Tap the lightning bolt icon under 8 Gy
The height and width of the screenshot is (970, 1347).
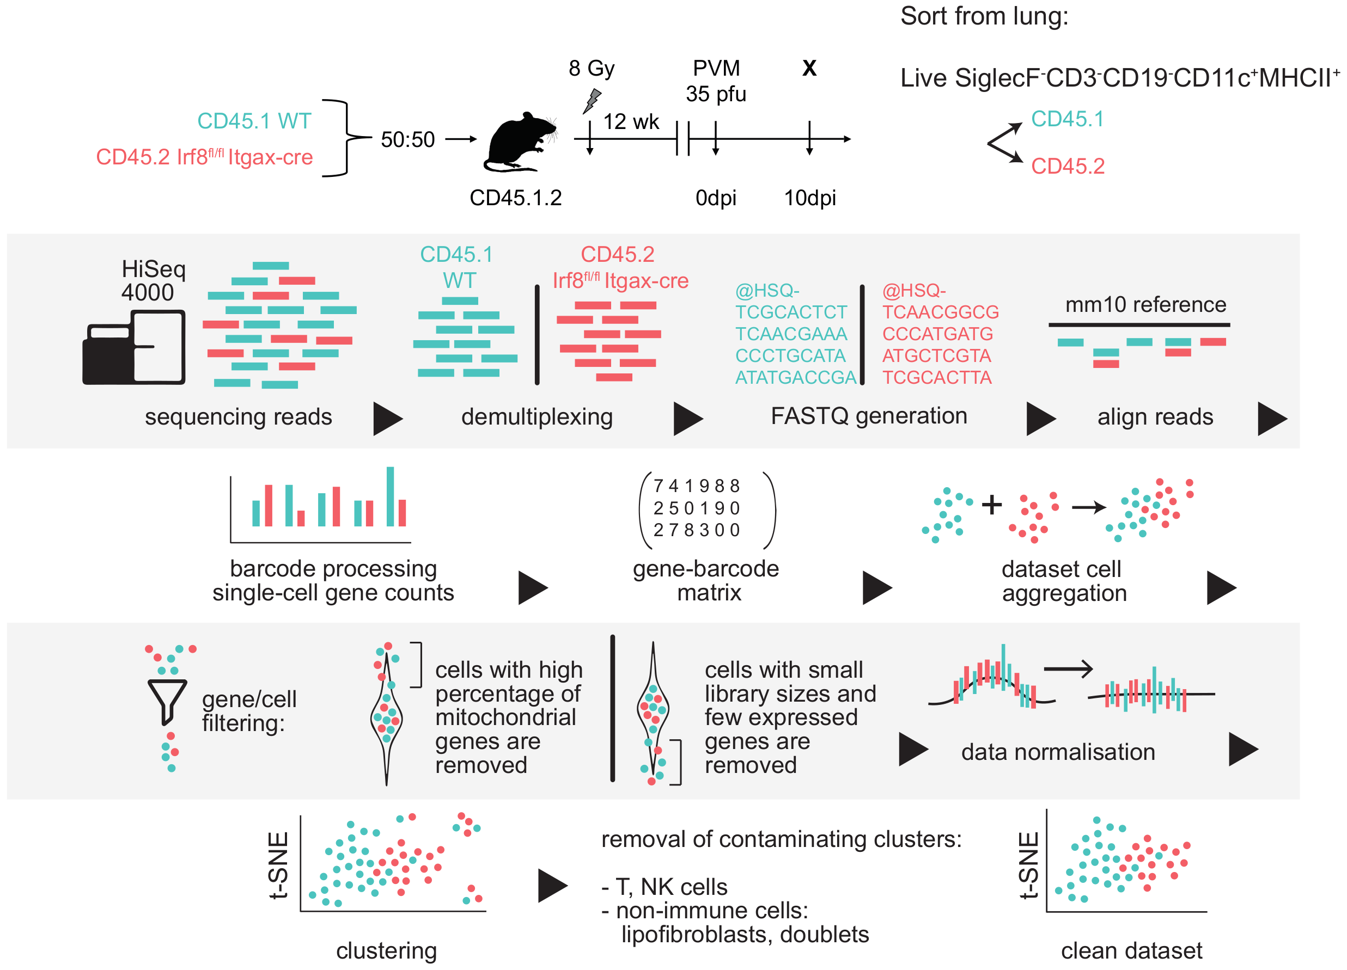coord(592,100)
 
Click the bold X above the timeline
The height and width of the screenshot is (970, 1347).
coord(809,68)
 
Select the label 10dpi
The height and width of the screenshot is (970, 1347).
coord(809,198)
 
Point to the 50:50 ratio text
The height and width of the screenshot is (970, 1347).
coord(407,139)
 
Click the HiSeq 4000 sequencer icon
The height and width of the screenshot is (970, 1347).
coord(134,347)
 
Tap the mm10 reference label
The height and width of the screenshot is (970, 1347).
coord(1145,304)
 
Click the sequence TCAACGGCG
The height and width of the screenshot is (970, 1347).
coord(940,312)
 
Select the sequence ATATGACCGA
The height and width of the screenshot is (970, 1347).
coord(795,378)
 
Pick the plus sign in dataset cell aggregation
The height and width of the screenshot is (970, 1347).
coord(991,505)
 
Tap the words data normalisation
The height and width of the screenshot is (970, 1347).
coord(1058,752)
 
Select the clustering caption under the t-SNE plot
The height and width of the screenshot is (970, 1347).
coord(387,951)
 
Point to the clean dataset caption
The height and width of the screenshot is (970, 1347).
coord(1131,951)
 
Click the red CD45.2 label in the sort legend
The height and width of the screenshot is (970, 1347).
coord(1067,166)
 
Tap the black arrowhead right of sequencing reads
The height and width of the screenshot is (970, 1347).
coord(387,419)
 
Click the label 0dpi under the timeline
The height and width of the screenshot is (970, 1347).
coord(716,198)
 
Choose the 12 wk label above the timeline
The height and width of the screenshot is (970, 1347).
coord(631,122)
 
